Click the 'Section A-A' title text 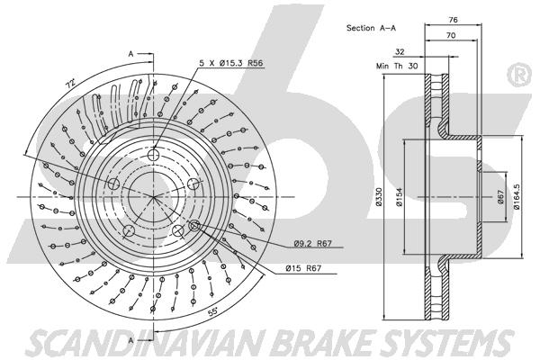(372, 28)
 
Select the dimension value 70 (451, 35)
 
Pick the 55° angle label (214, 311)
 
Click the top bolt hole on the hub (153, 154)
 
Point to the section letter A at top (132, 55)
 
